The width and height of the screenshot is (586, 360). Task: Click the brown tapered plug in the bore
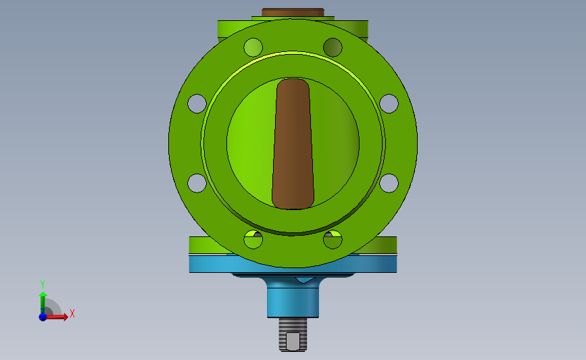[293, 144]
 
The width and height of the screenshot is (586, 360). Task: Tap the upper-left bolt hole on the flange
[253, 47]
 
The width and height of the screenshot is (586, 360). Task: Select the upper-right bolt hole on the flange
[333, 47]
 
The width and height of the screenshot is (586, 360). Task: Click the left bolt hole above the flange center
[197, 103]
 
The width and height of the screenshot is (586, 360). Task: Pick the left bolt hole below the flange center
[197, 183]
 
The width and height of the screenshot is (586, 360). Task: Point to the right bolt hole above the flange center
[389, 103]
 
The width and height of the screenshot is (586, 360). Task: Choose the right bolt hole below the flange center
[389, 183]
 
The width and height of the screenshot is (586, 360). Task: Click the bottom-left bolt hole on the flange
[253, 239]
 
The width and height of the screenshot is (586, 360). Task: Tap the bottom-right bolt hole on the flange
[333, 239]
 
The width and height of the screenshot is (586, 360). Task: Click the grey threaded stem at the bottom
[293, 334]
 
